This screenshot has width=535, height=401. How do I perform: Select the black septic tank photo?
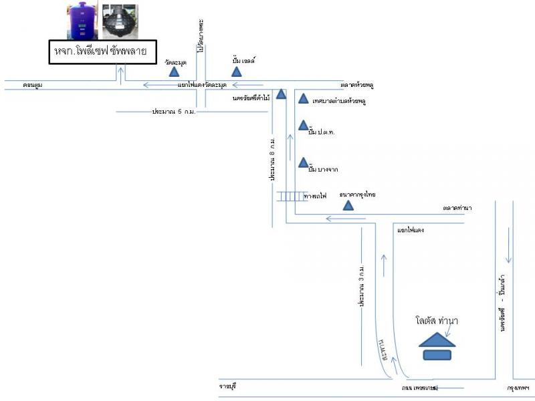(120, 21)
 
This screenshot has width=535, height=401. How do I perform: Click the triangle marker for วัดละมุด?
(174, 71)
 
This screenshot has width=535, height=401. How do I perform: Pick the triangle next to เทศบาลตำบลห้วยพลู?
(303, 99)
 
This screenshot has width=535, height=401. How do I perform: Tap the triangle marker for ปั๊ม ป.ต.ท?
(303, 126)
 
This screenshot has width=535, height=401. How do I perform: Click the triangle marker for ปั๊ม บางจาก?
(304, 162)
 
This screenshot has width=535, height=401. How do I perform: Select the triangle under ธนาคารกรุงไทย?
(347, 205)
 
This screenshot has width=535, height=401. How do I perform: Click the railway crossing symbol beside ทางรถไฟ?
(290, 196)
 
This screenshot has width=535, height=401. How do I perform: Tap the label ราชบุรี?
(229, 387)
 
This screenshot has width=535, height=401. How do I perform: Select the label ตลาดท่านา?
(457, 208)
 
